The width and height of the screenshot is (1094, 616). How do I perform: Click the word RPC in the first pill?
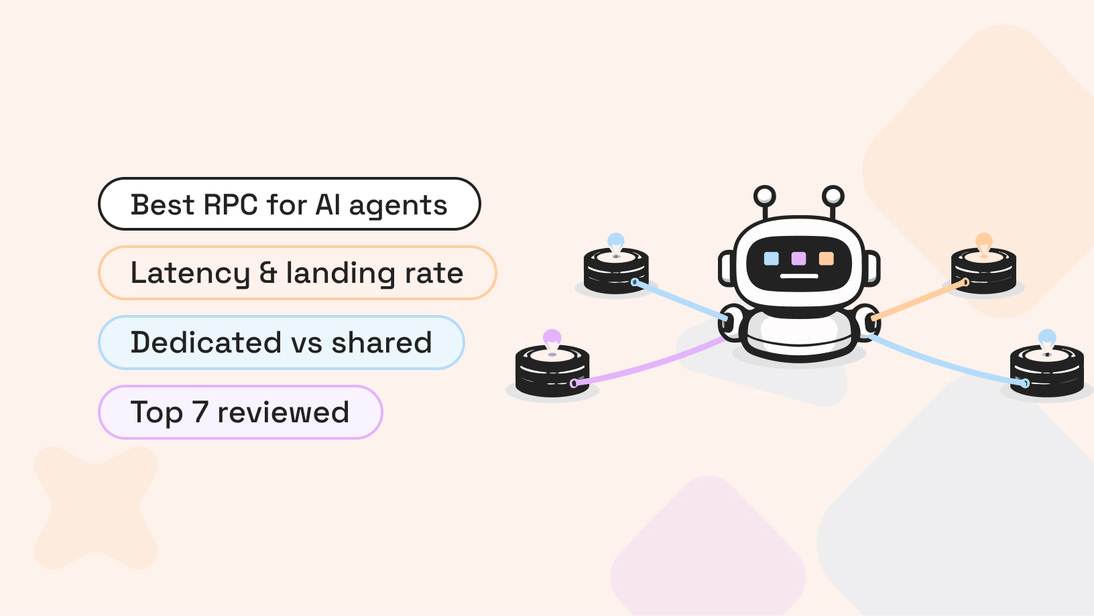tap(230, 204)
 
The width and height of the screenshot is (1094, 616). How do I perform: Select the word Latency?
tap(190, 273)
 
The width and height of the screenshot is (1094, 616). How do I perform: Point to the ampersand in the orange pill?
tap(268, 273)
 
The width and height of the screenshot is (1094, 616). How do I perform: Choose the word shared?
tap(381, 343)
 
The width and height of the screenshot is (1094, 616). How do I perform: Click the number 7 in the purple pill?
tap(200, 412)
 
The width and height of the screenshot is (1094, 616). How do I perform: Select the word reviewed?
tap(283, 412)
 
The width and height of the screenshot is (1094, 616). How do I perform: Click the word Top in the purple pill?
tap(156, 412)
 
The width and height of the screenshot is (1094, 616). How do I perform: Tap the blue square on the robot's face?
tap(772, 259)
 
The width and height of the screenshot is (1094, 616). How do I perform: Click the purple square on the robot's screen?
tap(798, 259)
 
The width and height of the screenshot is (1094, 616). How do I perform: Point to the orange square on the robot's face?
tap(826, 259)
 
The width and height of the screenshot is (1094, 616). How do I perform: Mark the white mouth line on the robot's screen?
tap(799, 276)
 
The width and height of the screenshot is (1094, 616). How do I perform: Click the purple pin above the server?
tap(552, 337)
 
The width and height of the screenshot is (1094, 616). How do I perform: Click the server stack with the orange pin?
tap(983, 271)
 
